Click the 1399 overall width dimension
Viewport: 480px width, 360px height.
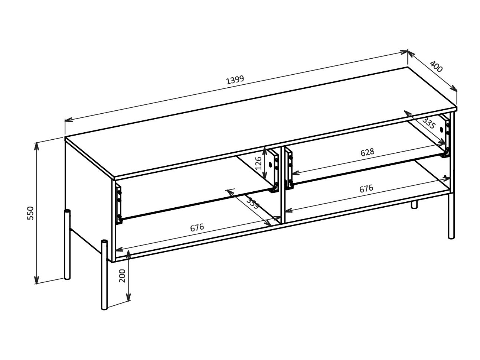tap(235, 80)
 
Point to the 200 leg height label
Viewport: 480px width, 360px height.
tap(123, 275)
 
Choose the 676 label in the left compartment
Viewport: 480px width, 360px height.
tap(197, 227)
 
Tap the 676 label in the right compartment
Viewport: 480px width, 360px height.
tap(366, 189)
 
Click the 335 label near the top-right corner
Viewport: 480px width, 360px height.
tap(428, 123)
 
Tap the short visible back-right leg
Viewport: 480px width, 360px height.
tap(414, 205)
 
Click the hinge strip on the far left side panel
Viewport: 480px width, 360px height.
tap(119, 205)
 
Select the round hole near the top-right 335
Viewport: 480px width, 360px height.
tap(442, 130)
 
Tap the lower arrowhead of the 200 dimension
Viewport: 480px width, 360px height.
tap(128, 298)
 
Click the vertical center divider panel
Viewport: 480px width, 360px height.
tap(282, 186)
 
